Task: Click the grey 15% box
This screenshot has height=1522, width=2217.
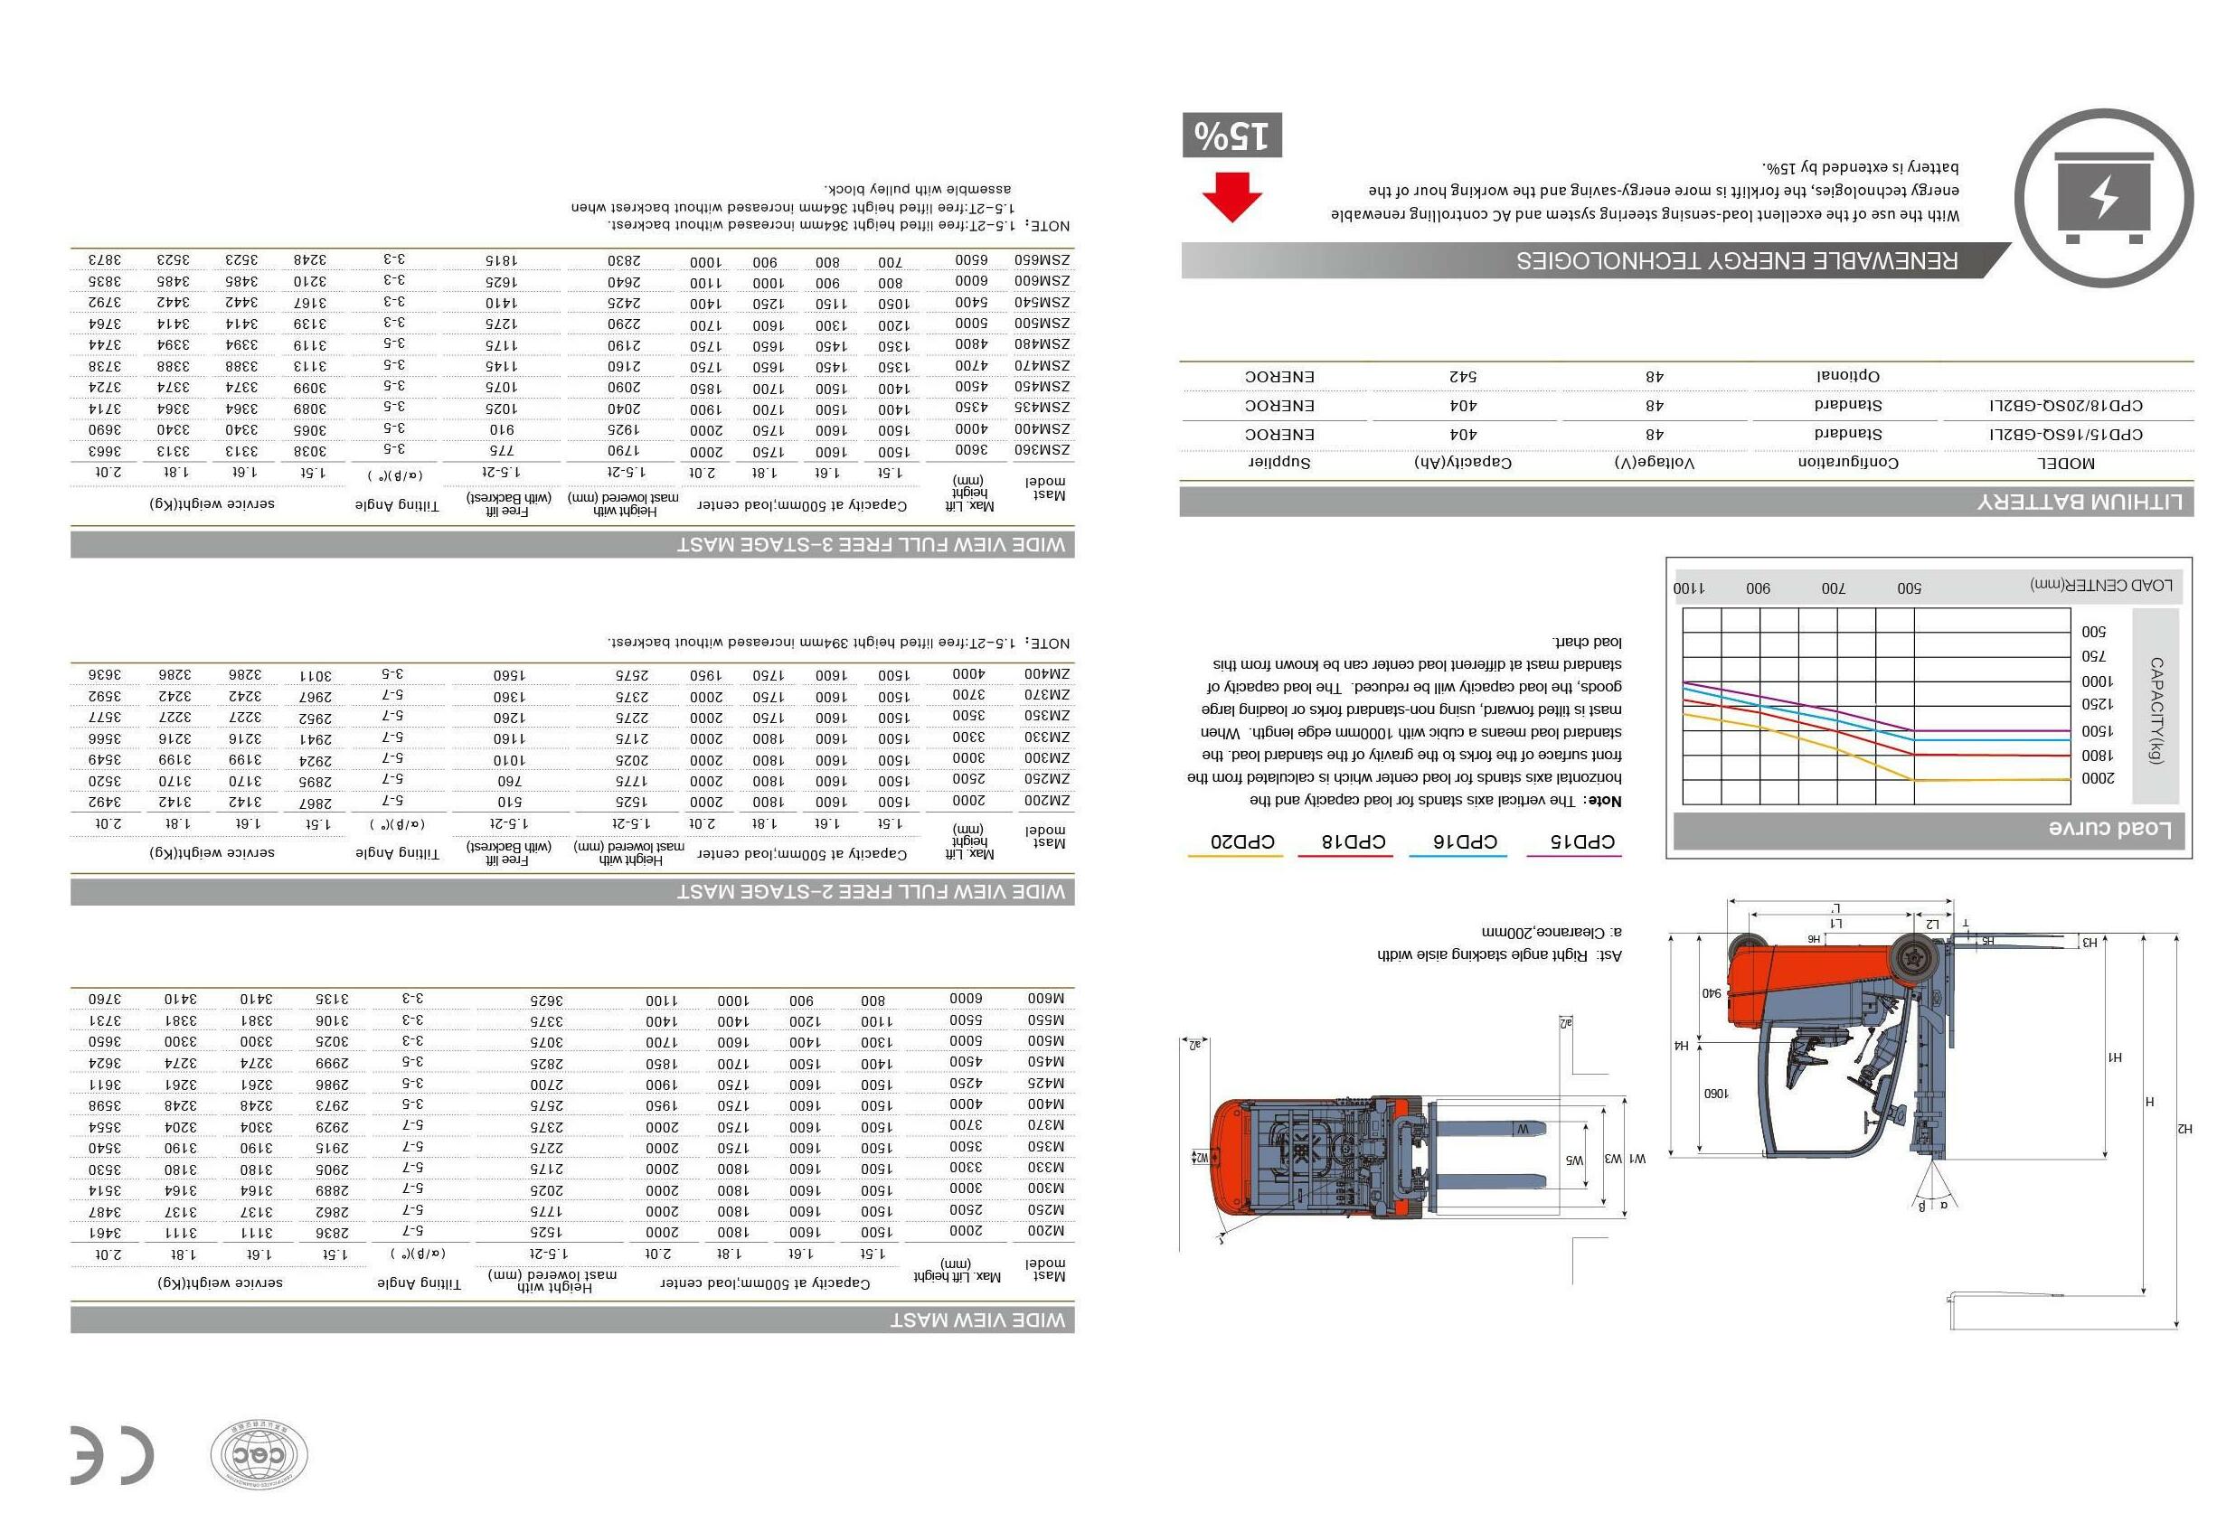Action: (1231, 136)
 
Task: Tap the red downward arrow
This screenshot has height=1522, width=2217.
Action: (1231, 197)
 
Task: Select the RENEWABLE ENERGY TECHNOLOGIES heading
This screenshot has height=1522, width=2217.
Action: (1736, 260)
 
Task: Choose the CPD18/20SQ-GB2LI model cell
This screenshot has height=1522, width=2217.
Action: (2065, 406)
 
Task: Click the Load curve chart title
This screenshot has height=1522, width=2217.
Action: (2109, 828)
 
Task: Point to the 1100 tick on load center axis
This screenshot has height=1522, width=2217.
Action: (1688, 588)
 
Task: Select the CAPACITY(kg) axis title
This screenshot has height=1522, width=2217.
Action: (2156, 710)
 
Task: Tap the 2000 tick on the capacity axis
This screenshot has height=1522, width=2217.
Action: (2098, 778)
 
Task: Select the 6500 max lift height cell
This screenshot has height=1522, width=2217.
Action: (970, 259)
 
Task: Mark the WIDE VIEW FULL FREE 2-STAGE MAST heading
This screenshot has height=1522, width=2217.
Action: (870, 892)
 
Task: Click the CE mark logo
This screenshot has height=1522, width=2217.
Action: (110, 1455)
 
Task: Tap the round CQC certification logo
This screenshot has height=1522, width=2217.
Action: (259, 1455)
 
